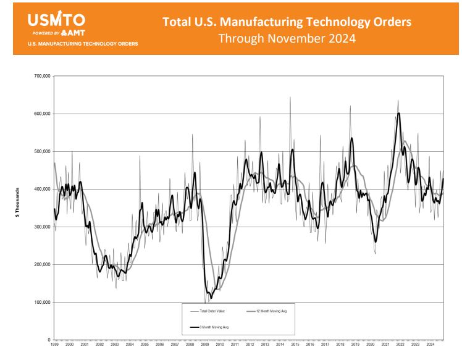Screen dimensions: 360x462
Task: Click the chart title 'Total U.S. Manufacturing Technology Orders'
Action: click(287, 22)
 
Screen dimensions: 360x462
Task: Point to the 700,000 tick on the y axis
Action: click(41, 77)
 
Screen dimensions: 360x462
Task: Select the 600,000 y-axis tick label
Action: click(41, 114)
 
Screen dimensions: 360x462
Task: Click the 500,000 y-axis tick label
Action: click(41, 152)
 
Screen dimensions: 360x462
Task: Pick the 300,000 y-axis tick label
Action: click(41, 227)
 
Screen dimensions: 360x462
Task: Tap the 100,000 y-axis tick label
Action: click(41, 303)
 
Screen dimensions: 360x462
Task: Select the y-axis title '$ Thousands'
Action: click(20, 208)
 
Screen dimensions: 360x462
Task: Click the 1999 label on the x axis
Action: click(54, 345)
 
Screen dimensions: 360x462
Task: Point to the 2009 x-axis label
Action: click(205, 345)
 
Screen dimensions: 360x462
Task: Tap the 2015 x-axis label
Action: click(295, 345)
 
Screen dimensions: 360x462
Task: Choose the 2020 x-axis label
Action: click(371, 345)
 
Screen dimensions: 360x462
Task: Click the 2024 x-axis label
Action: click(430, 345)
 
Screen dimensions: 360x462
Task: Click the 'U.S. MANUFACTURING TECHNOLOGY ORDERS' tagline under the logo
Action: click(82, 44)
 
